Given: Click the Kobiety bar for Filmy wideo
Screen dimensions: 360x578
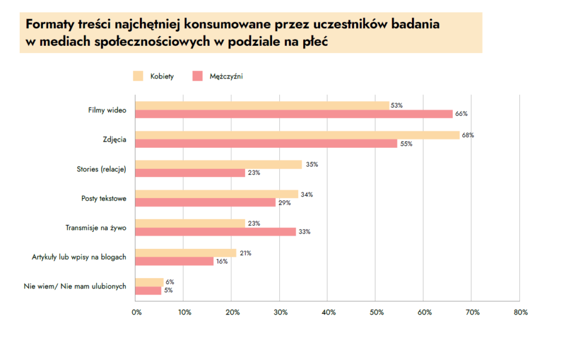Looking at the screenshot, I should [262, 106].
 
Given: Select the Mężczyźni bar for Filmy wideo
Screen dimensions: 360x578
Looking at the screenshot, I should [294, 114].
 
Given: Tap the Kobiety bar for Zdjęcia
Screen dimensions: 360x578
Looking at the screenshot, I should [297, 135].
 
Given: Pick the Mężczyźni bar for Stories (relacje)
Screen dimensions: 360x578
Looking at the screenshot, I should [190, 173].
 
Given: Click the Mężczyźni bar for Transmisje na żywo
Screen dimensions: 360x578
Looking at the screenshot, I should [216, 231].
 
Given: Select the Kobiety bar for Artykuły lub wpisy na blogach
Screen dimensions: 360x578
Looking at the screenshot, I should [186, 253].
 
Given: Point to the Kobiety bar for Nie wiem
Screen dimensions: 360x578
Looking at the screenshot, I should [150, 282].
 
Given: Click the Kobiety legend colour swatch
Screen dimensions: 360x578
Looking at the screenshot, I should [138, 76].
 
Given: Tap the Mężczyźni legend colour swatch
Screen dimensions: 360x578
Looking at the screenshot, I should [197, 76].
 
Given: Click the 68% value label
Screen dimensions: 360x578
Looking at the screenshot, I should [468, 135].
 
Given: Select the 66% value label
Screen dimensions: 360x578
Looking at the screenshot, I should [461, 114].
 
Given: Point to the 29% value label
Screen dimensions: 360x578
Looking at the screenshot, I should [284, 203].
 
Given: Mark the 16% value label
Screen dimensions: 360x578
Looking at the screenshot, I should [221, 261].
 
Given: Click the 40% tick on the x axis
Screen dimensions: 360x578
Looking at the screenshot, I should [329, 313].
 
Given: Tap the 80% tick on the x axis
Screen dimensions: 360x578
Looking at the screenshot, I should [520, 313].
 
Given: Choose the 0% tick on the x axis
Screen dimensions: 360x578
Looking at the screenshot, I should [136, 313].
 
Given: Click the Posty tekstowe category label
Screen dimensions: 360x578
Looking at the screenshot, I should [104, 198].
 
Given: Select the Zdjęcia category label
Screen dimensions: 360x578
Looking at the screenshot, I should [115, 139].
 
